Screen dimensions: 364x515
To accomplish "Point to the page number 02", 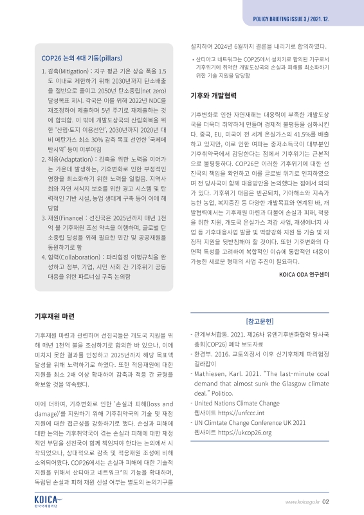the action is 326,503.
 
